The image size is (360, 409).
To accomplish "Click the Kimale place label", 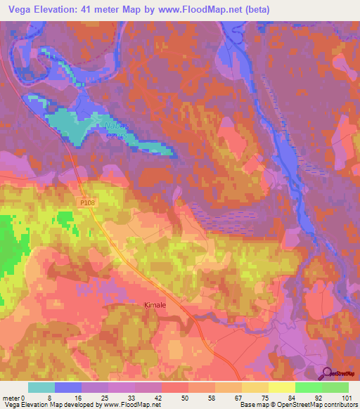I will coord(155,306).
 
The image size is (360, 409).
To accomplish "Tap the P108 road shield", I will coord(86,203).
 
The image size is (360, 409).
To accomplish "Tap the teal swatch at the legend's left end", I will coord(41,387).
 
